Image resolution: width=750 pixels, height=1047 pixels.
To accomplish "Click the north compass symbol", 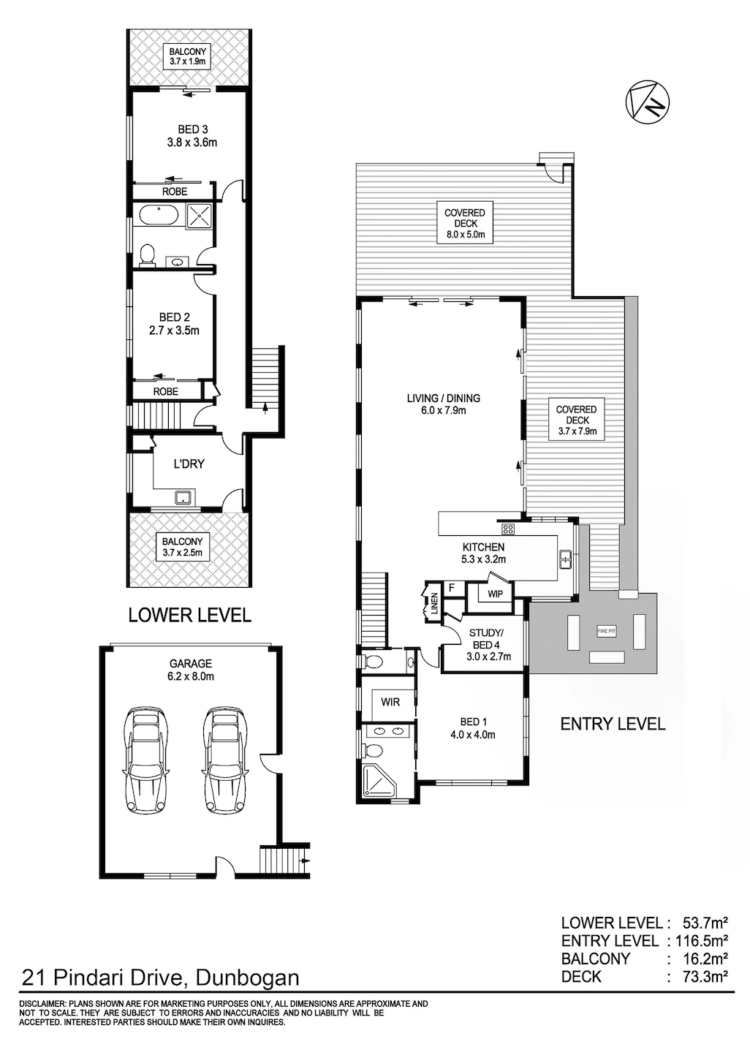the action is pos(647,103).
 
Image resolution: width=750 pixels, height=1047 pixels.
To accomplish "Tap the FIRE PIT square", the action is pos(607,632).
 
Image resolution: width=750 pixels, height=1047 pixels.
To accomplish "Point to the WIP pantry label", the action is pos(495,594).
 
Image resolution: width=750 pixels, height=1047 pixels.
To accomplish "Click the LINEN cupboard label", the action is pos(433,602).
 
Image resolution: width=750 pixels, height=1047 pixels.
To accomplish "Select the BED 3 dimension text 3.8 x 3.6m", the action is pos(192,143).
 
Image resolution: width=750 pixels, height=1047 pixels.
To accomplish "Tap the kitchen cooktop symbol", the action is pos(508,529).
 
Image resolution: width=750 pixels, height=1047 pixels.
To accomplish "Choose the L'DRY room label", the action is pos(189,464).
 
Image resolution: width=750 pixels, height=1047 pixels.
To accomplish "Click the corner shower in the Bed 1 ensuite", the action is pos(379,781).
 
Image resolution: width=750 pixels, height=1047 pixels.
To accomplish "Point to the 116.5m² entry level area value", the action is pos(700,940).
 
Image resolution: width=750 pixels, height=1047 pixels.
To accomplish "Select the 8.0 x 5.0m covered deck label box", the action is pos(464,223).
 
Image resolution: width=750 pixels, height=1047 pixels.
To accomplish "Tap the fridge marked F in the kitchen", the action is pos(452,588).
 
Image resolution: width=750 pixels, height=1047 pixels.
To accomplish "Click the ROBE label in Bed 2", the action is pos(166,391).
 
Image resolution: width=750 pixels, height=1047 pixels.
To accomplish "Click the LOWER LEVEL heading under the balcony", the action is pos(190,615).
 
